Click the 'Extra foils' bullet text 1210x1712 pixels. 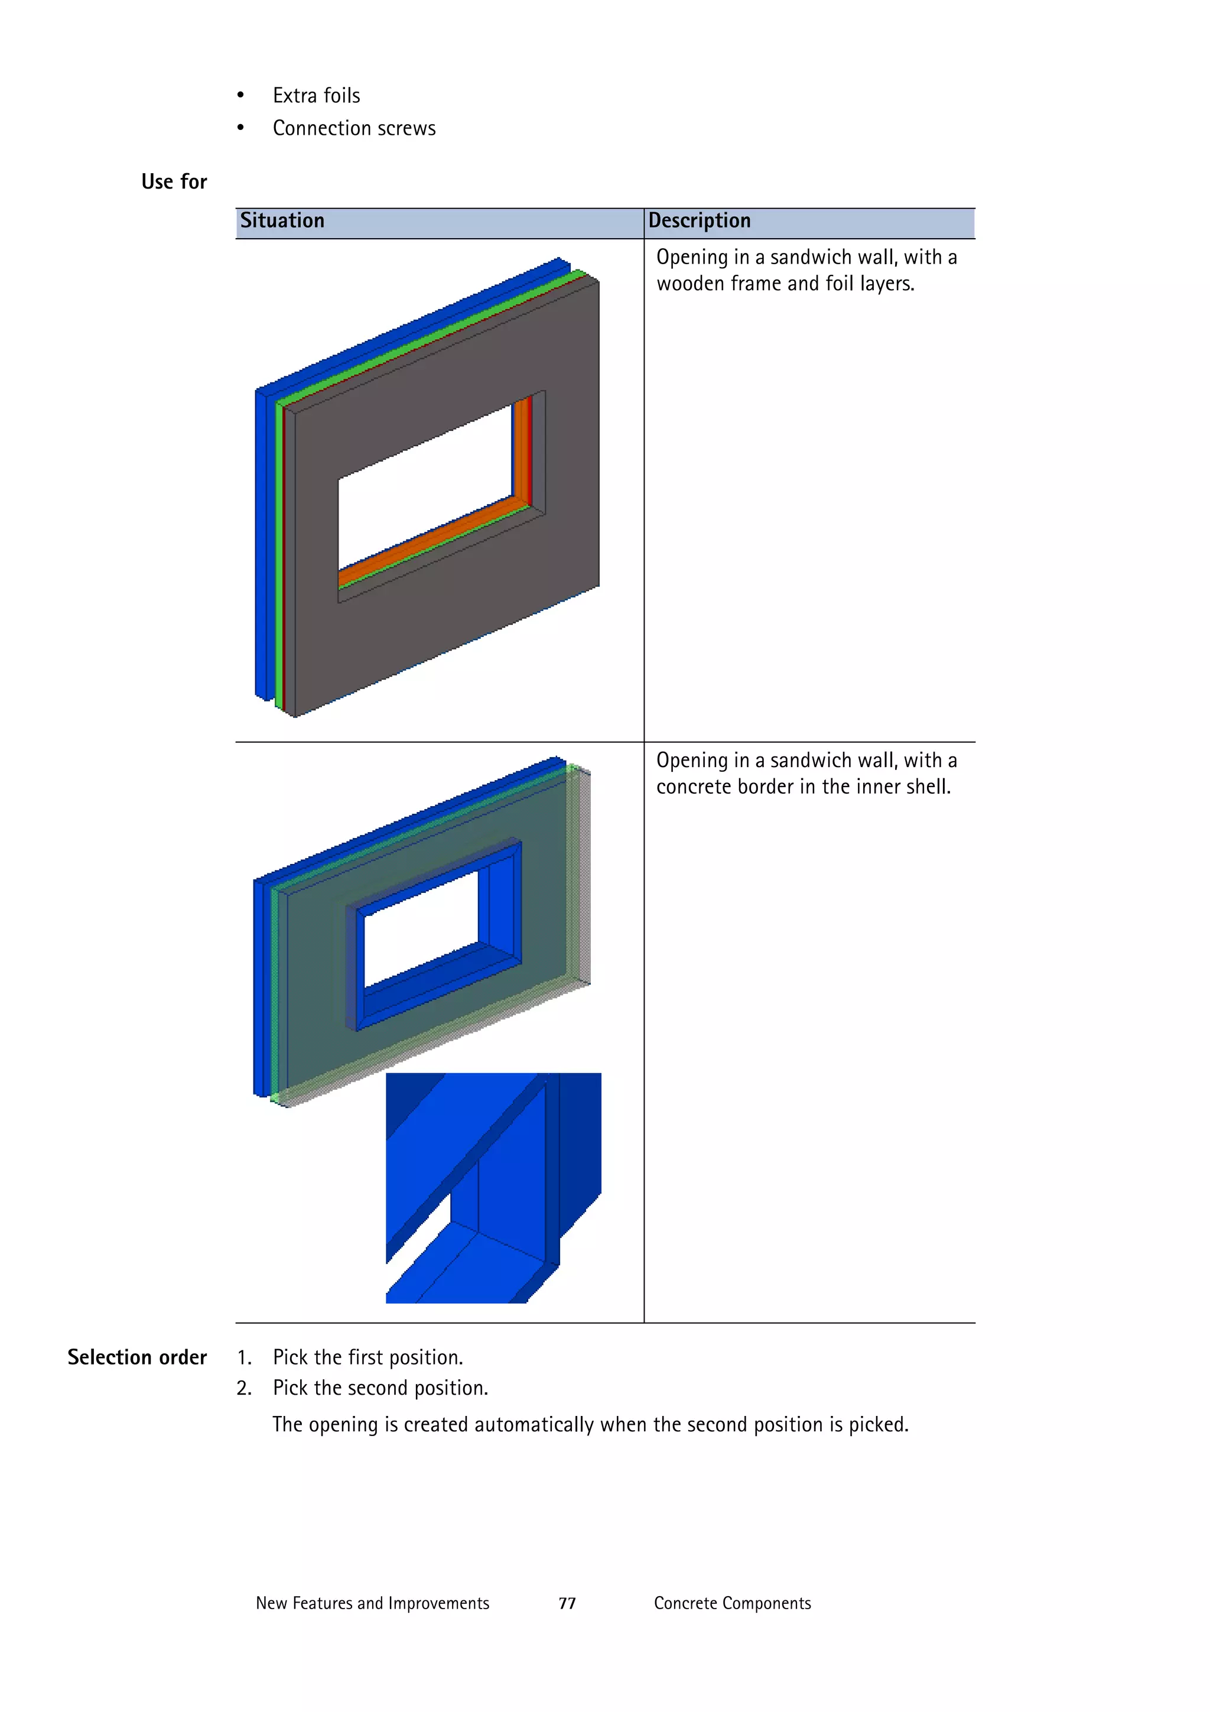(316, 96)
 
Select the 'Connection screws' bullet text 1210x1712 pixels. (353, 128)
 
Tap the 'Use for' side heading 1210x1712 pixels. (174, 181)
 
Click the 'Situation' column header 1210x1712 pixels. (282, 220)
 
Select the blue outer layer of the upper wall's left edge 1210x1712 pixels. (261, 544)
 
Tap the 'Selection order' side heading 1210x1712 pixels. (136, 1357)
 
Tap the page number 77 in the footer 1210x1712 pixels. (567, 1603)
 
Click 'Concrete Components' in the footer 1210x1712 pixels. (731, 1603)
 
